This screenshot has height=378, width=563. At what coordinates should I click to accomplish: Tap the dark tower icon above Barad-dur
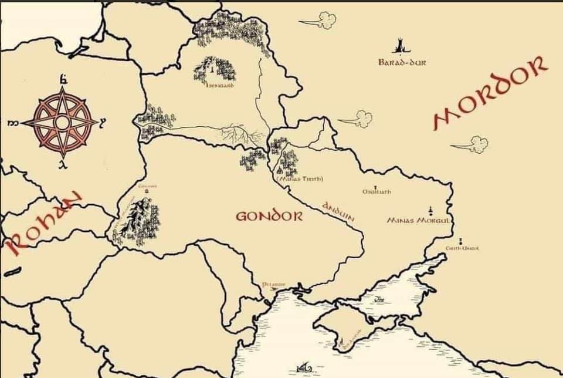pos(401,45)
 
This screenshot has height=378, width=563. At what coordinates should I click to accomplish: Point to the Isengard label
pos(221,86)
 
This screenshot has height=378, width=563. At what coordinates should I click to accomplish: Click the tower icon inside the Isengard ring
pos(210,69)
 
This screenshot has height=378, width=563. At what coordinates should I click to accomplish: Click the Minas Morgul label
pos(418,221)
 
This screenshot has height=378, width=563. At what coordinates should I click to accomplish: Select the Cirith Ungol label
pos(462,249)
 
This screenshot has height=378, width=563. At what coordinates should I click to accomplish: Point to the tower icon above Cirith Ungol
pos(460,240)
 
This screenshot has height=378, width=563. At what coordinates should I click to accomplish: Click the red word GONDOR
pos(269,216)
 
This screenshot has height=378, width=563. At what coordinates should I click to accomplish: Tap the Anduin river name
pos(337,211)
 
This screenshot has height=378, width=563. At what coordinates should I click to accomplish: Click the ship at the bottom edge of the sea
pos(304,369)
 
